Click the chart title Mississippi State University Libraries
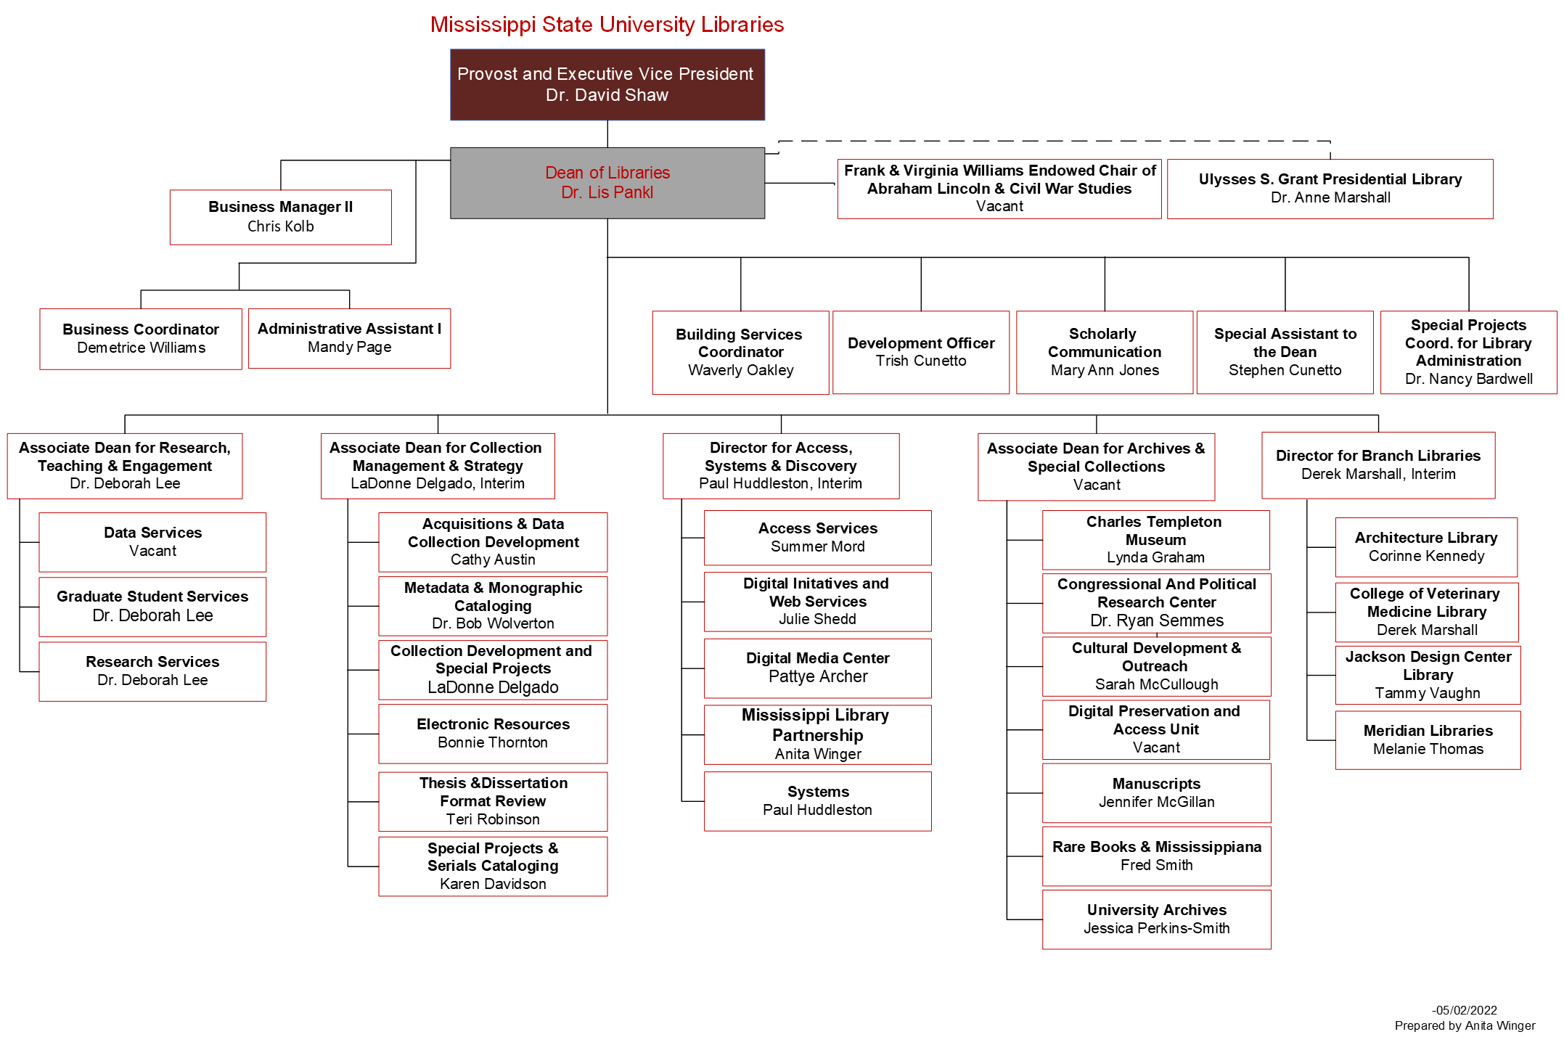tap(607, 25)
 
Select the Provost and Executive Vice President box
tap(607, 84)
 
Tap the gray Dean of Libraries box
tap(607, 183)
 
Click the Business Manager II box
tap(280, 217)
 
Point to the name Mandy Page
tap(349, 348)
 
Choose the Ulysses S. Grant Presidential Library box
tap(1330, 189)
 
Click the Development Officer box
tap(920, 352)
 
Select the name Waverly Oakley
tap(740, 370)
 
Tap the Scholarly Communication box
tap(1104, 352)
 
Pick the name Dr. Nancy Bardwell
tap(1468, 379)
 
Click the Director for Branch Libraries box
tap(1377, 465)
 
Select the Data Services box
tap(152, 542)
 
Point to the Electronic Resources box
tap(493, 733)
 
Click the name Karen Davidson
tap(493, 884)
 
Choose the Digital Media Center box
tap(817, 668)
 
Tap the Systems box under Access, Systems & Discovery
tap(817, 801)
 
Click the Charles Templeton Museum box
tap(1155, 540)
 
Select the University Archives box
tap(1156, 919)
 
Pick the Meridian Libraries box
tap(1428, 739)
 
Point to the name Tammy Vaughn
tap(1427, 693)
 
